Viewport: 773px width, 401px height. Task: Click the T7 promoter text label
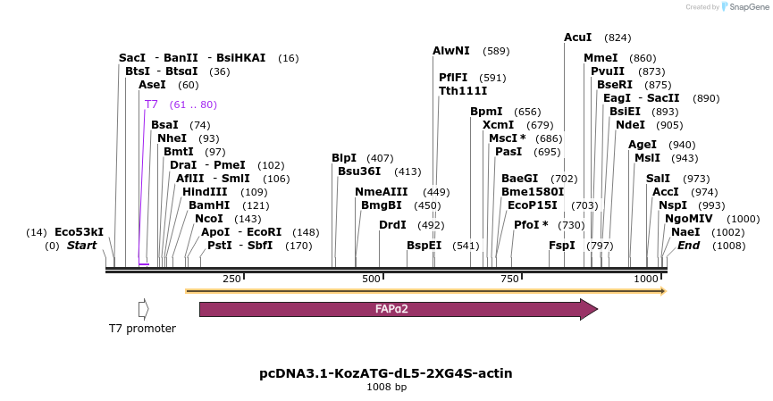[142, 329]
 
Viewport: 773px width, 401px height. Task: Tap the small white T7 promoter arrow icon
[143, 309]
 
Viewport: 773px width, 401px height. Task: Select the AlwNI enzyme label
[451, 51]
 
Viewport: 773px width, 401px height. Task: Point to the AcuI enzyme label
[577, 38]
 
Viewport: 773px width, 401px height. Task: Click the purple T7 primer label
[151, 104]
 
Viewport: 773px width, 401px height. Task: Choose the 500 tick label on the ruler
[370, 280]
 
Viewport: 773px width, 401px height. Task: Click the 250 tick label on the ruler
[231, 280]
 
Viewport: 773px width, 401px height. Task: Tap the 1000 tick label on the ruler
[646, 280]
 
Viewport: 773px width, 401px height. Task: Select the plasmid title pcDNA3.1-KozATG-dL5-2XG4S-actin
[386, 373]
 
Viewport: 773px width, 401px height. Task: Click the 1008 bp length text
[386, 388]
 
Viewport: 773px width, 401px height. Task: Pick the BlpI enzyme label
[344, 158]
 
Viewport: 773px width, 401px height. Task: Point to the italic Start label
[81, 246]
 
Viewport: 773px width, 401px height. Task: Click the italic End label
[688, 246]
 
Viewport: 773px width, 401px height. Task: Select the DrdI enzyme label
[392, 225]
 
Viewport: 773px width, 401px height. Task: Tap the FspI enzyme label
[562, 246]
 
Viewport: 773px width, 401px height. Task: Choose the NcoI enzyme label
[208, 219]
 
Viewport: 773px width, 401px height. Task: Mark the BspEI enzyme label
[424, 246]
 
